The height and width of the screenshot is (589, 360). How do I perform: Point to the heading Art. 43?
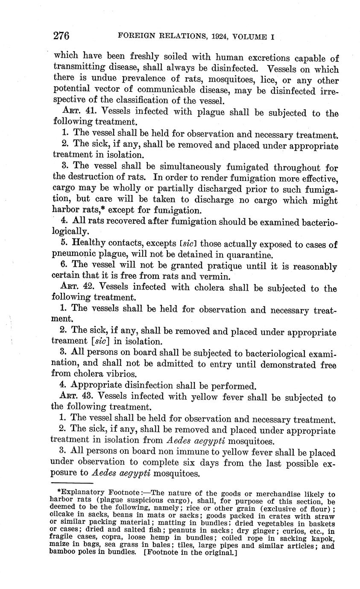(77, 396)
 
